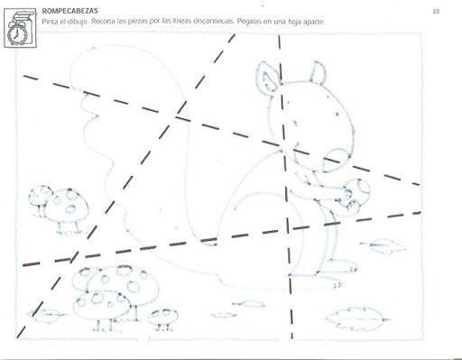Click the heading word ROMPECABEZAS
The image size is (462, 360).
click(69, 11)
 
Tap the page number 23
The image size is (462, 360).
click(436, 12)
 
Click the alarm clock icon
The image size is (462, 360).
click(20, 28)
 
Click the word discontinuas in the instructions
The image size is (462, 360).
click(213, 22)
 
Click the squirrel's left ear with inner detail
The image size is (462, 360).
click(267, 76)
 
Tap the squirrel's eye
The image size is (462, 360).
click(337, 114)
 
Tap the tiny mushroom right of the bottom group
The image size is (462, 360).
click(163, 318)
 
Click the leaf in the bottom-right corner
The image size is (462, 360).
click(357, 319)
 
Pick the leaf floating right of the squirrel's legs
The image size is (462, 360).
click(383, 246)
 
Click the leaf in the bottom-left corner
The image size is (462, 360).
click(47, 315)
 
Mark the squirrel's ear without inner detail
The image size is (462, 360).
click(318, 72)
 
